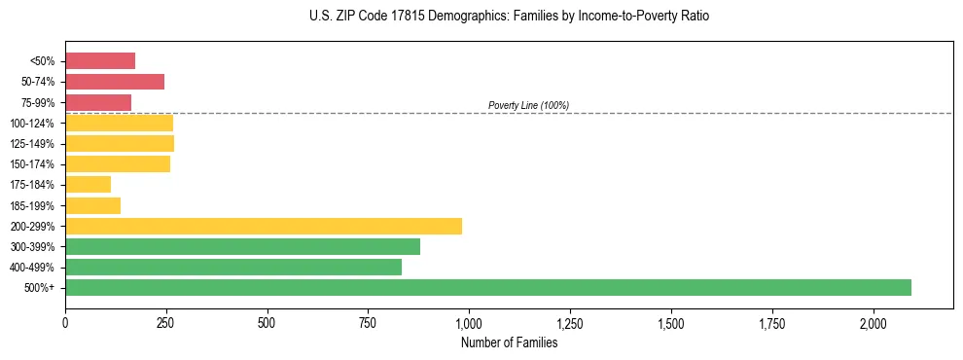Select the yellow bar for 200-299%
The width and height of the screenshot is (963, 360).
[264, 226]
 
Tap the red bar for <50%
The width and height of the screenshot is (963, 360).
[100, 61]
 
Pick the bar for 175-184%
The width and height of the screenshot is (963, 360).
[89, 185]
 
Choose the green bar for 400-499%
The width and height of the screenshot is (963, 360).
[233, 267]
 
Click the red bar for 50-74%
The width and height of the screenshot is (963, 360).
[115, 82]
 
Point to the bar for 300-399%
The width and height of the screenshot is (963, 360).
[242, 246]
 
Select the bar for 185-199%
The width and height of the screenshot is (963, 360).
[93, 205]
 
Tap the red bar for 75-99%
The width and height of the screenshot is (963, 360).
[98, 102]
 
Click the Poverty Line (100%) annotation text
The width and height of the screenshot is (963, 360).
[528, 105]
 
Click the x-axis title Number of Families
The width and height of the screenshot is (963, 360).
[509, 342]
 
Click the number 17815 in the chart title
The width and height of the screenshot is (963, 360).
[392, 17]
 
